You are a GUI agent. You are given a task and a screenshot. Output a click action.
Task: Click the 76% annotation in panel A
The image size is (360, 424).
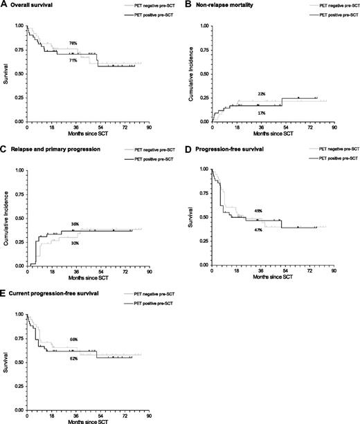click(73, 44)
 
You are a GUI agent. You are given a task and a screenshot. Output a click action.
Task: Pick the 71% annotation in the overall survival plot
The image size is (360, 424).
click(73, 61)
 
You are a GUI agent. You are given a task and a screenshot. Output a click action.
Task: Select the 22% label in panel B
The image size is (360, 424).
click(261, 94)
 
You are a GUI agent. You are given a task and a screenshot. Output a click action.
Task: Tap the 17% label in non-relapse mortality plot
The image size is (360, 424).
click(261, 112)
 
